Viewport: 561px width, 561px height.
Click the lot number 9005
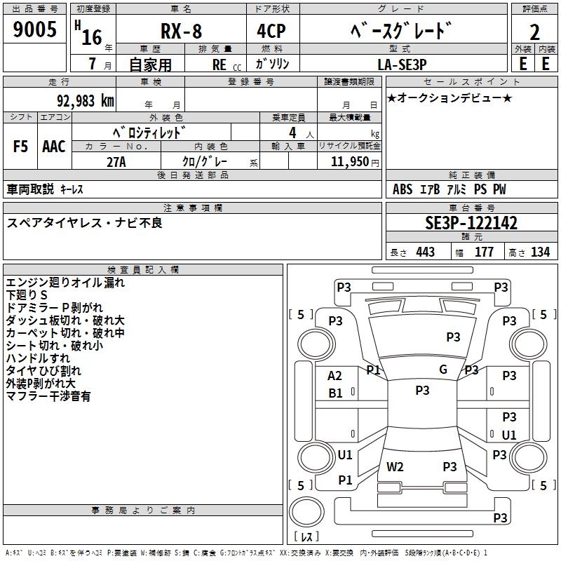point(34,31)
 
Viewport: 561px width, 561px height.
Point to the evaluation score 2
point(535,32)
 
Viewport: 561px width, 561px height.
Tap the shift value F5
point(21,147)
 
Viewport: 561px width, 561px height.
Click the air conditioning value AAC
point(54,147)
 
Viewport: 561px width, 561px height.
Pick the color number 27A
point(116,162)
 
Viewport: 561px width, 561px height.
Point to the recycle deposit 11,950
point(349,162)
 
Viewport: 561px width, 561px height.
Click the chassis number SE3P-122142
point(471,224)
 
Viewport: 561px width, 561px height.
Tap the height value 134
point(541,252)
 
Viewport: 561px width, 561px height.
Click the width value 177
point(484,252)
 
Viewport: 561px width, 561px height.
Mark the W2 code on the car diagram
point(395,466)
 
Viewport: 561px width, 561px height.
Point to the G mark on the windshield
point(443,370)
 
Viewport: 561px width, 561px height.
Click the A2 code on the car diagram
point(335,376)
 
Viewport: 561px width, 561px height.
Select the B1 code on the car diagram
point(335,393)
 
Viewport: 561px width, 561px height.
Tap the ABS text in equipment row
point(403,189)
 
